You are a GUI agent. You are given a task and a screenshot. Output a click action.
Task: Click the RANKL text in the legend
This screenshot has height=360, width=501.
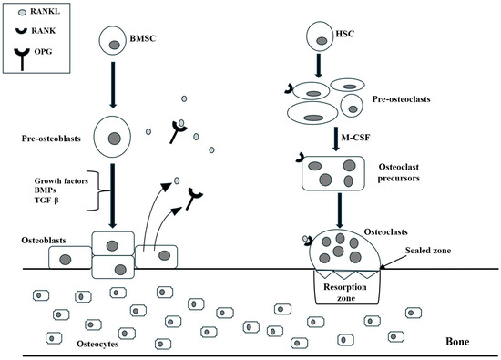(37, 14)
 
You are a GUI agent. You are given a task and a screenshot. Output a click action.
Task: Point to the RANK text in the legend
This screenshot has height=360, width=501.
(35, 37)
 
